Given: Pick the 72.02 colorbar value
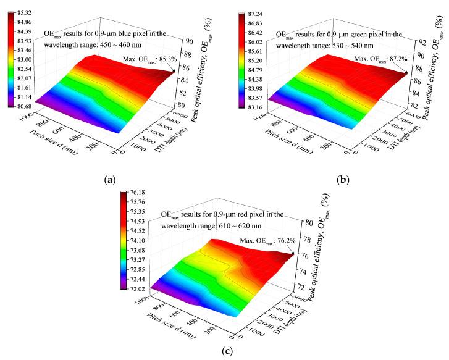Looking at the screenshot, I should pos(137,288).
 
